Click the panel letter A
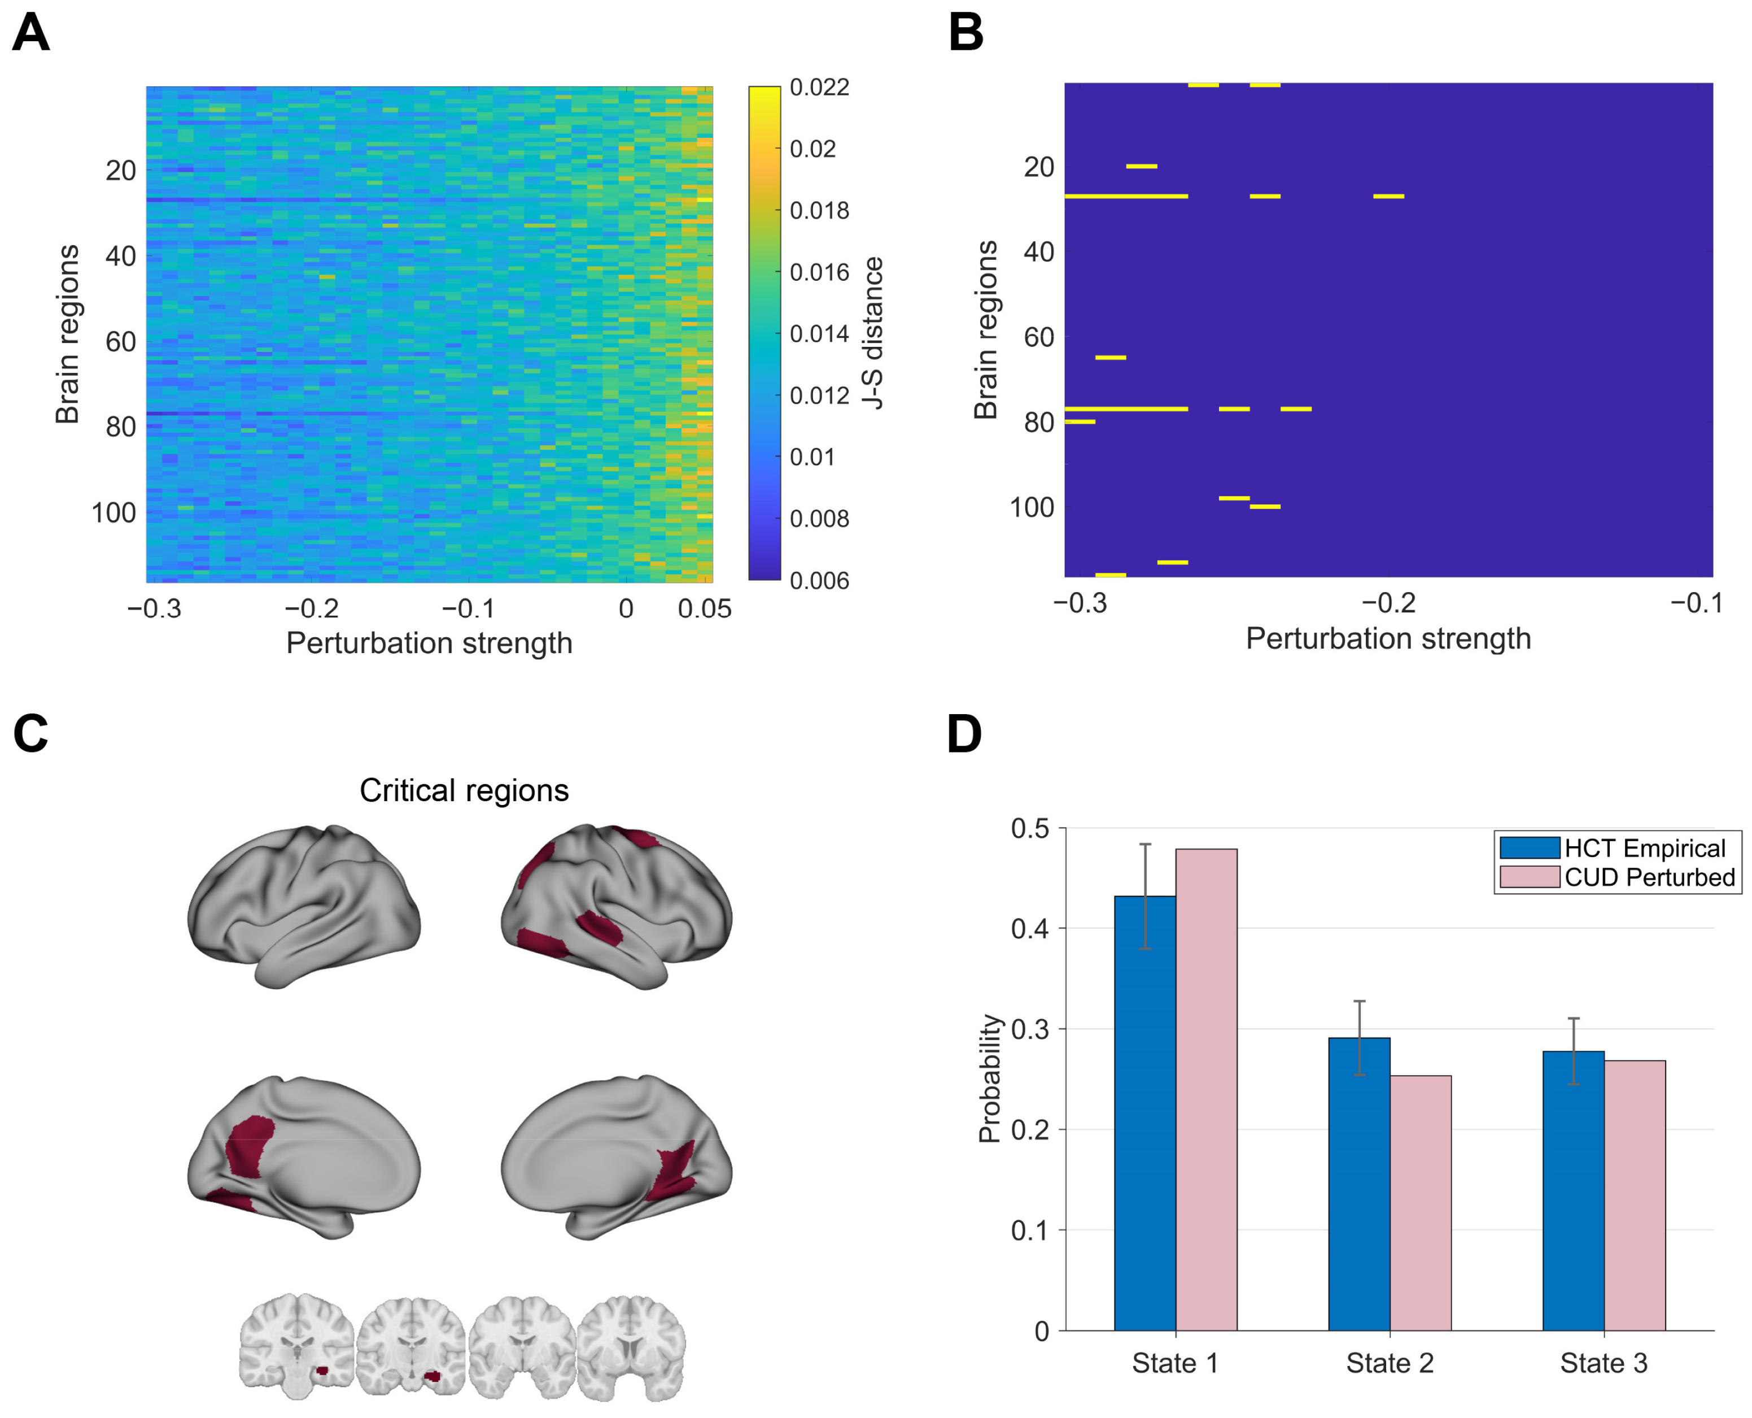(31, 34)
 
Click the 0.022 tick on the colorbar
(819, 88)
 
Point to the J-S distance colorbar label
(873, 333)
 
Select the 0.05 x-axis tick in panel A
(705, 608)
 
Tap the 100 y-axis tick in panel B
(1032, 507)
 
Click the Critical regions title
(464, 791)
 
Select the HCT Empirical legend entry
(1644, 848)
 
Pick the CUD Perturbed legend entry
(1648, 877)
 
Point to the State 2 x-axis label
(1390, 1363)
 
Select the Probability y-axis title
(989, 1078)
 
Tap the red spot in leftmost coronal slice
(322, 1371)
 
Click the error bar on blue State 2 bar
(1360, 1037)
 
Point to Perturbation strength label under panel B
(1388, 639)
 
